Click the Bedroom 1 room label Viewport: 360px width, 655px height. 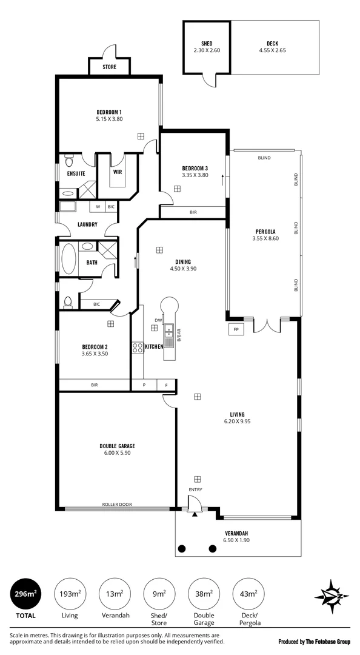point(109,112)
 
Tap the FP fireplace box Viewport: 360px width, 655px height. point(236,329)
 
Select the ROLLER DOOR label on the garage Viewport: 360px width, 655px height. point(117,504)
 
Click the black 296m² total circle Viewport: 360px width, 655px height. point(26,594)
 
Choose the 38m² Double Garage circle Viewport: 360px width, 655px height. point(204,594)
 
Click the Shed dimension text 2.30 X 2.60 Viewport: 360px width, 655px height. point(207,50)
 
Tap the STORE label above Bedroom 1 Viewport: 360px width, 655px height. point(110,67)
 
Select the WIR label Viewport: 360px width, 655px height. point(118,171)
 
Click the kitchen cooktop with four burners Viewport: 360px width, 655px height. point(138,348)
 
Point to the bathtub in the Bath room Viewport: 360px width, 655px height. point(68,259)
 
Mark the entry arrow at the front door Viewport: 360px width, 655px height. point(195,514)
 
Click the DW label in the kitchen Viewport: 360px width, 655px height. point(158,320)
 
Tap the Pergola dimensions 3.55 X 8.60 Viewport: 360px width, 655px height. point(265,238)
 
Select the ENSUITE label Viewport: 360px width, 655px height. point(76,173)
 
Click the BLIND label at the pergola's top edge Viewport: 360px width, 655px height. point(264,158)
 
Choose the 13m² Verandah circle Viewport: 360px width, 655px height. point(115,594)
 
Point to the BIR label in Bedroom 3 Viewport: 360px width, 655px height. point(193,212)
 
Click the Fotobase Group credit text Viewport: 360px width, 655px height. point(315,642)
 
